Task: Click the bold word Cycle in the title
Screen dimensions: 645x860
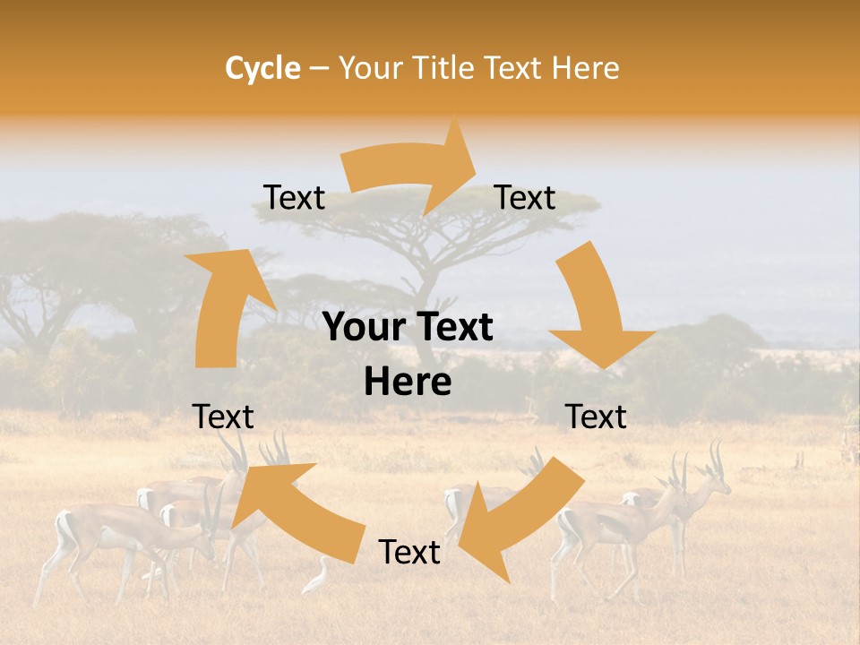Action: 262,68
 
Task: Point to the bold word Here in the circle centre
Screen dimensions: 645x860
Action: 408,383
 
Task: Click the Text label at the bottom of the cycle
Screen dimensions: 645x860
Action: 409,553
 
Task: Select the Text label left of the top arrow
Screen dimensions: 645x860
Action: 295,198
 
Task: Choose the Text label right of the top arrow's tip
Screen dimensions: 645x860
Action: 525,198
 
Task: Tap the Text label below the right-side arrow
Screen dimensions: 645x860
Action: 596,417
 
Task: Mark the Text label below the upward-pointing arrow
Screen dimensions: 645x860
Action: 223,417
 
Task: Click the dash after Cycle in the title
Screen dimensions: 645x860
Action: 319,68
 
